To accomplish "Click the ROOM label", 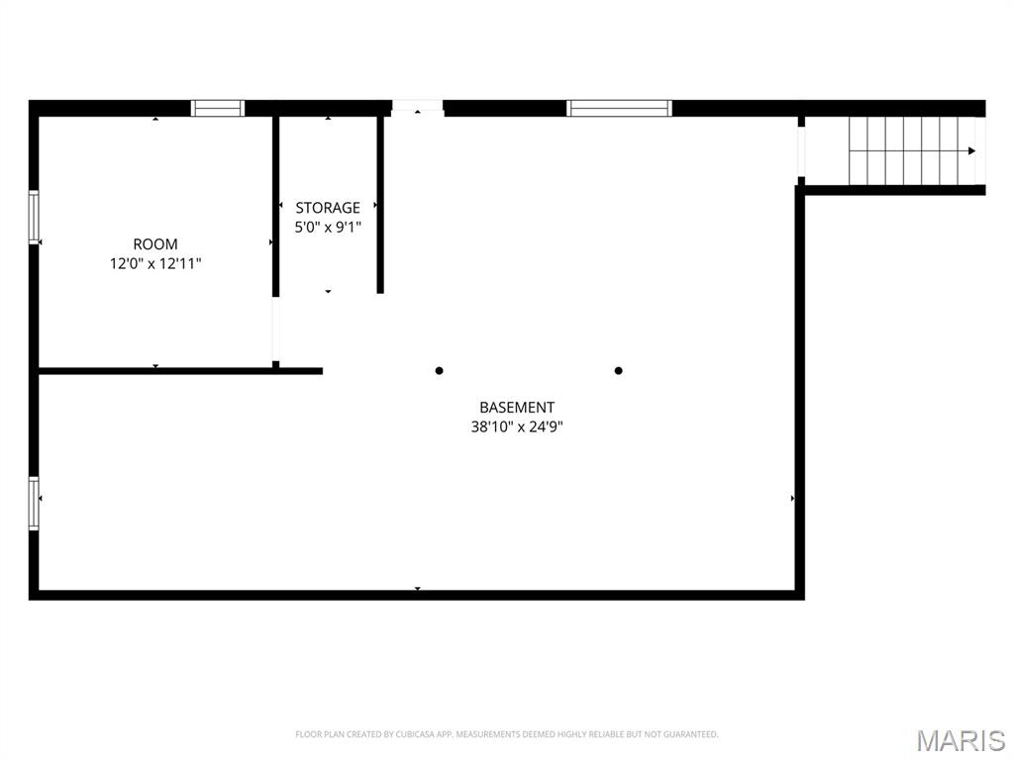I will click(x=155, y=244).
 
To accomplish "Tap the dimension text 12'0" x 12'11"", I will click(x=155, y=264).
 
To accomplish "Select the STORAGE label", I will click(x=328, y=208).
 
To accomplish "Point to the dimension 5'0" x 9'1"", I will click(x=328, y=227).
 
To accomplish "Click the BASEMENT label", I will click(x=517, y=408).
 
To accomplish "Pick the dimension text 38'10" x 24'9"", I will click(x=517, y=427).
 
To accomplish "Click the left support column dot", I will click(x=439, y=371).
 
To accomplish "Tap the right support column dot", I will click(x=619, y=371).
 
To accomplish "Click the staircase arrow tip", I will click(x=972, y=150).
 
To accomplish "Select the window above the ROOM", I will click(x=218, y=109).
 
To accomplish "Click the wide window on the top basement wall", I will click(x=619, y=109).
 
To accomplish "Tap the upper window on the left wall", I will click(x=34, y=218).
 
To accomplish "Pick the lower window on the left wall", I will click(x=34, y=504).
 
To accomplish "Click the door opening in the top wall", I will click(x=417, y=108).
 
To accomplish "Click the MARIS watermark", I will click(x=961, y=739).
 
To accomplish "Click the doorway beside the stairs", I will click(x=801, y=150).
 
